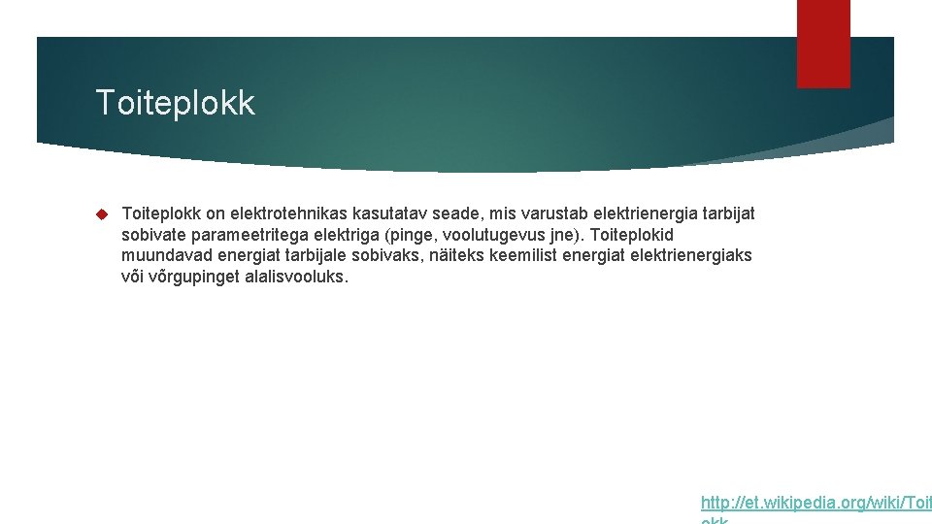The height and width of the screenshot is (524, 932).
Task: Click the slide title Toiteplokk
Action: coord(175,103)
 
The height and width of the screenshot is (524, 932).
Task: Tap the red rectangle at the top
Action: coord(823,44)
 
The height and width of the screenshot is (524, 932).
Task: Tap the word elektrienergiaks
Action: coord(691,255)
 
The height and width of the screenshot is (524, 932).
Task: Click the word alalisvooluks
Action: coord(293,277)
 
